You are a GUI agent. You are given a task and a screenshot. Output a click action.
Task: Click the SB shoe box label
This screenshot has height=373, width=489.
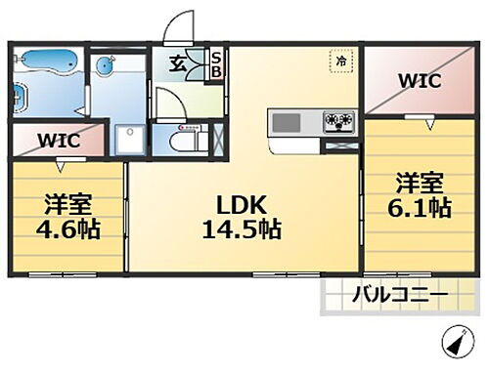(217, 65)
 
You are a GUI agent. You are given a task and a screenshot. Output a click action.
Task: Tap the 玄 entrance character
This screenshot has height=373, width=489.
(180, 64)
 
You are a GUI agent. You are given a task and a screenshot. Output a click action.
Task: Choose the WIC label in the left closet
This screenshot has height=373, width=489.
(59, 139)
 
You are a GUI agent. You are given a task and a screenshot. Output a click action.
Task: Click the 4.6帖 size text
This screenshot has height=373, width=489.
(69, 232)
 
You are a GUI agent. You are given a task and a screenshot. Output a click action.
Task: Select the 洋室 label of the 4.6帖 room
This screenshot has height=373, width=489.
(69, 206)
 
